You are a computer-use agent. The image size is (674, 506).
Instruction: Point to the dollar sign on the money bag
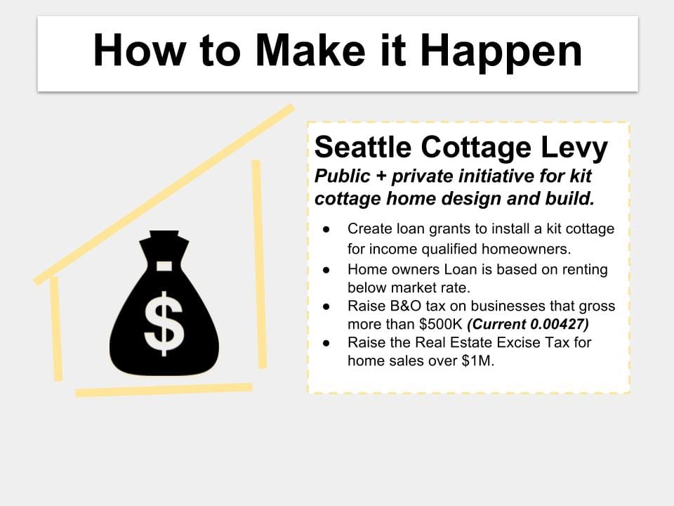164,323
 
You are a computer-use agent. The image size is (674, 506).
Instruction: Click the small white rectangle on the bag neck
164,266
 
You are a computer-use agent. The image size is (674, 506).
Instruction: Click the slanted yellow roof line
164,195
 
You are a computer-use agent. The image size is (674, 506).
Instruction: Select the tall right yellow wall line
259,264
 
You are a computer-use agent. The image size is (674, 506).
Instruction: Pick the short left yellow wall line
56,329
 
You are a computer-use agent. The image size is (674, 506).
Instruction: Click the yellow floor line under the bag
164,390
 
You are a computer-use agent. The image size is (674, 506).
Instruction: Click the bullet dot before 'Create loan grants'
326,229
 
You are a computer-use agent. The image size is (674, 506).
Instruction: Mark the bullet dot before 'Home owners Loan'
326,270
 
